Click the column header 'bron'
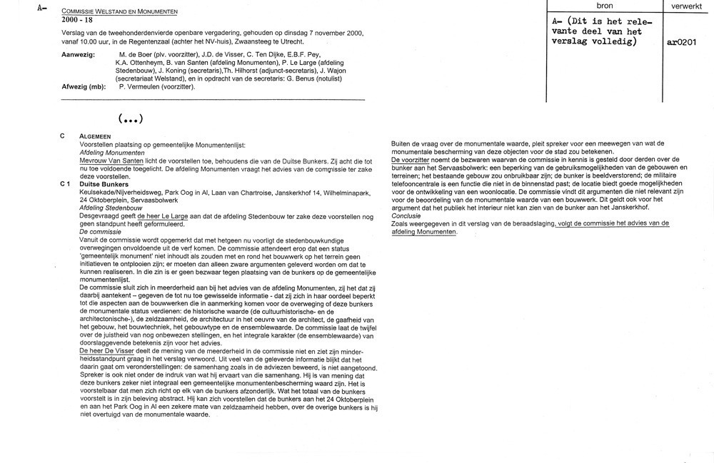point(604,6)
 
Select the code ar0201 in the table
point(682,42)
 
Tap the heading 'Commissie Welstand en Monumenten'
point(120,12)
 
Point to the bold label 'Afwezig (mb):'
point(85,86)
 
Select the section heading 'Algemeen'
point(94,136)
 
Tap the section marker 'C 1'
point(66,184)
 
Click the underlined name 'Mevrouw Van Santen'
point(111,161)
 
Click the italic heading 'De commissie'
point(99,233)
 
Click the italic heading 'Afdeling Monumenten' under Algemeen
point(112,152)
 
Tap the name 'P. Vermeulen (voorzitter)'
point(156,86)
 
